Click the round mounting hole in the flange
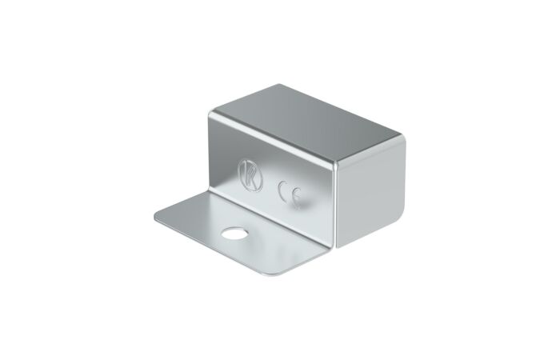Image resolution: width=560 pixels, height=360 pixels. [234, 234]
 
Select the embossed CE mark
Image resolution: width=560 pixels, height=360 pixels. [290, 194]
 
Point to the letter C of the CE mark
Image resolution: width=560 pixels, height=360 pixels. [283, 190]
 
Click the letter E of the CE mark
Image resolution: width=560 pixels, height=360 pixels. [296, 198]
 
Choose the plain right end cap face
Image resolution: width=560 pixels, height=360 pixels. [371, 193]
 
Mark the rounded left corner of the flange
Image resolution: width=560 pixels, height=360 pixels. [157, 216]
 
